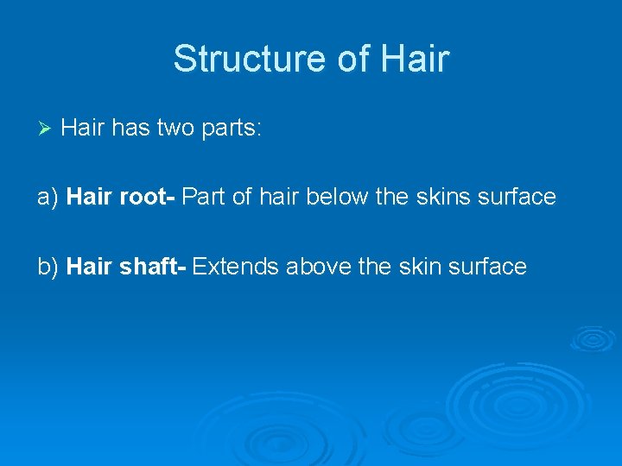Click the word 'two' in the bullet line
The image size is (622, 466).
pos(172,129)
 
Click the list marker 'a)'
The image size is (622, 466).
pos(48,198)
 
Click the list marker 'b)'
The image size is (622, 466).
pos(48,267)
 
